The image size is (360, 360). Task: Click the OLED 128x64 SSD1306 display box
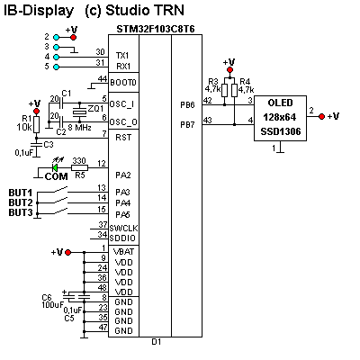coord(280,118)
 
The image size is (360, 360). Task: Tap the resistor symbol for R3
coord(225,90)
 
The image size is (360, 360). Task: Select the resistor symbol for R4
coord(235,90)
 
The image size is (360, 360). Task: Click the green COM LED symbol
coord(55,167)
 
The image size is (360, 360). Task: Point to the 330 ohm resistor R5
coord(79,167)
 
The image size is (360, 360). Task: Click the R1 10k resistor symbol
coord(36,124)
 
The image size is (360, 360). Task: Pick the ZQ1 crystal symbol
coord(79,112)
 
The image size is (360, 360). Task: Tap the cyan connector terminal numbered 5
coord(56,67)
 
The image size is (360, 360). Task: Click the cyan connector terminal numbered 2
coord(56,38)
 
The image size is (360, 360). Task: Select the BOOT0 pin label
coord(123,82)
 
